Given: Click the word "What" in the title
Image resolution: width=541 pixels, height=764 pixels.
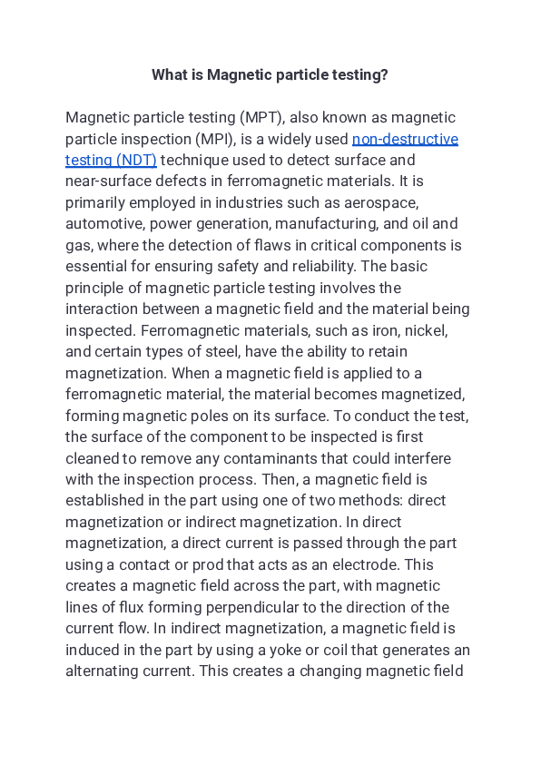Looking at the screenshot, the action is (170, 74).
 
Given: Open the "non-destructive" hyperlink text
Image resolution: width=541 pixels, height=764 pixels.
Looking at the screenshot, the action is (405, 139).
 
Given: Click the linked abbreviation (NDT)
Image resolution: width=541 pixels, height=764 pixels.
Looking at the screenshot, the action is (135, 160).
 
